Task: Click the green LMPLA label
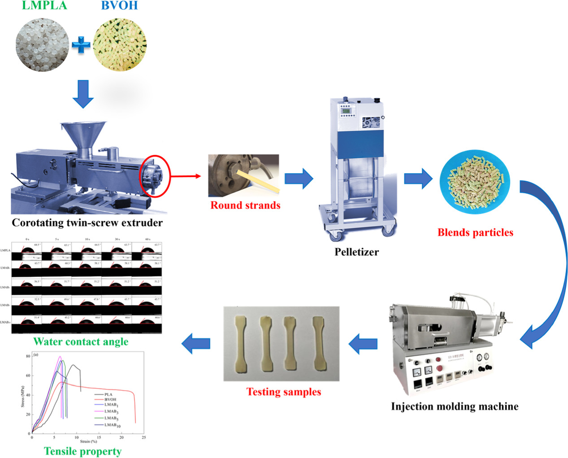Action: (44, 5)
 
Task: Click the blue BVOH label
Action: (119, 5)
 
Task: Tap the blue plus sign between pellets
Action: (81, 45)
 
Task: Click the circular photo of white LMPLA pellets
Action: (43, 45)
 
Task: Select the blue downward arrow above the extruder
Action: (83, 93)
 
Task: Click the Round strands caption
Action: (245, 205)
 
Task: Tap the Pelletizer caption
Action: (356, 252)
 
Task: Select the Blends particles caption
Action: (475, 232)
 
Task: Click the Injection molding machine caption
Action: (455, 406)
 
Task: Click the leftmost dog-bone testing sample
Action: (241, 344)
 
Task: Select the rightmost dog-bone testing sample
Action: (319, 344)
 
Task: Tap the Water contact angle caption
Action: (81, 342)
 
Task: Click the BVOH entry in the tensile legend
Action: (110, 399)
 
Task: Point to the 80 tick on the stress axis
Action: (28, 356)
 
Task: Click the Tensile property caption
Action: (82, 451)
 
